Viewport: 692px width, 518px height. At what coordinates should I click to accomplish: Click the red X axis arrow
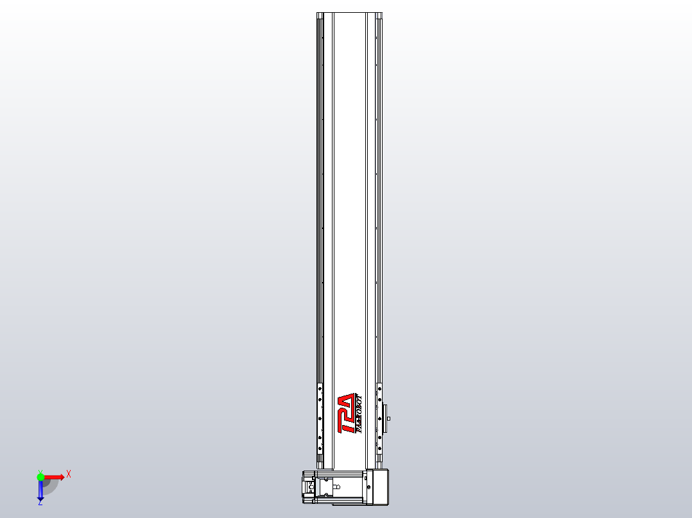click(x=54, y=477)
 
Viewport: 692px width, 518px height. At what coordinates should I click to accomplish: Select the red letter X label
click(x=69, y=474)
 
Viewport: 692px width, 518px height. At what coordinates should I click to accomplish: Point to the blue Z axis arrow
click(x=40, y=490)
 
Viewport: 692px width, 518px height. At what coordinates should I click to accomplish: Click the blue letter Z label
click(x=40, y=503)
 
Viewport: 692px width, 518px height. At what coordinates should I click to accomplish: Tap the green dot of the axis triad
click(x=40, y=477)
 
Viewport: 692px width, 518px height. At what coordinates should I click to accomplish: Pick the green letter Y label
click(x=40, y=471)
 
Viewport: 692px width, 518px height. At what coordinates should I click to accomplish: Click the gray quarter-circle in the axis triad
click(x=50, y=485)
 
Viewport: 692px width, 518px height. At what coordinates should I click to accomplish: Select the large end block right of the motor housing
click(x=380, y=487)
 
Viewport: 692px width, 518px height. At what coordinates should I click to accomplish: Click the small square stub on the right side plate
click(x=389, y=419)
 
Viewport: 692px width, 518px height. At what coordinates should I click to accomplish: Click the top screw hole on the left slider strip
click(x=320, y=388)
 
